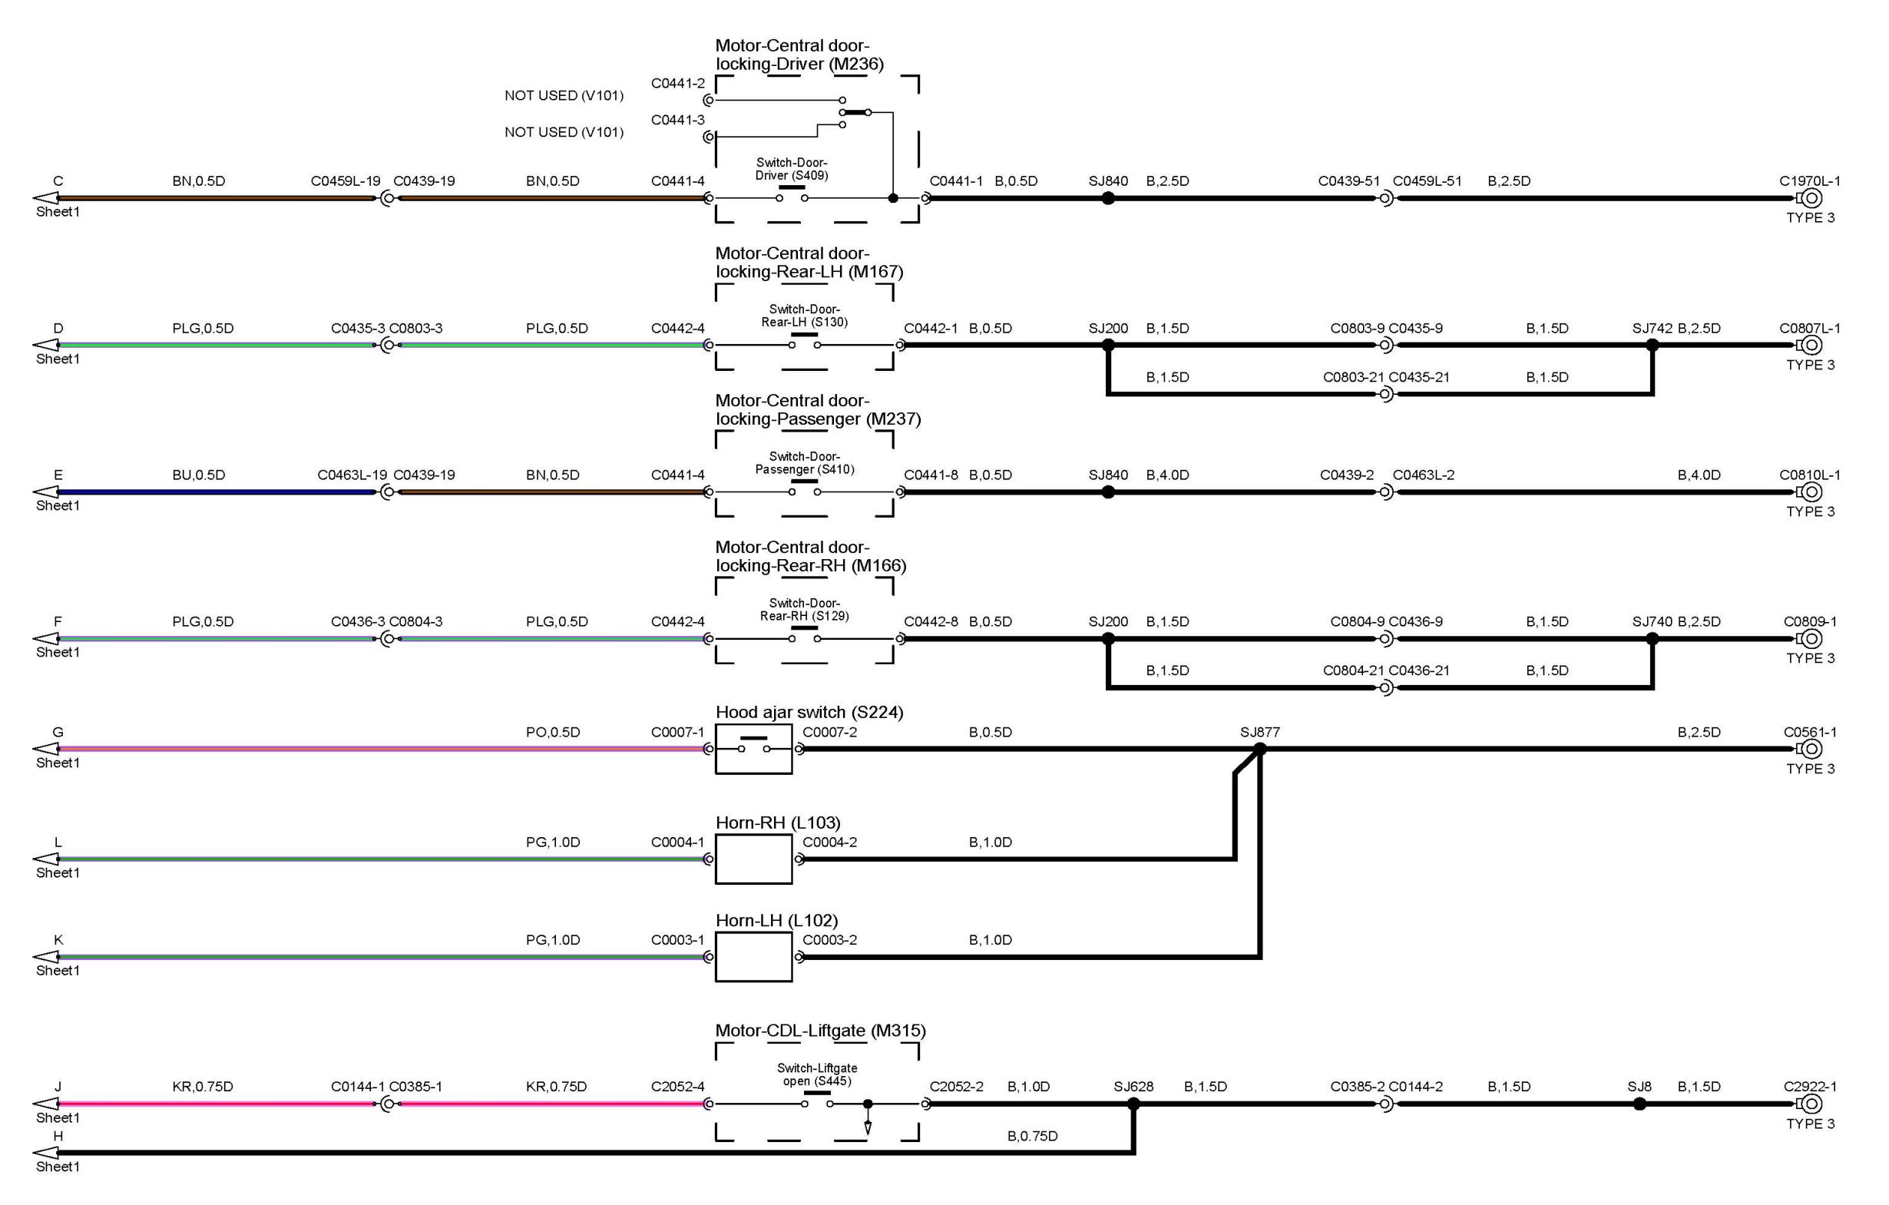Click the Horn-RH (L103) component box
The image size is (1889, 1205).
753,859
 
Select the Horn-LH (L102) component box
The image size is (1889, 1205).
753,957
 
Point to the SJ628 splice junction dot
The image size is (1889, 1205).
1133,1104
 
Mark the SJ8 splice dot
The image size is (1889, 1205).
1639,1104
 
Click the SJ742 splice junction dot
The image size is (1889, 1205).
1652,345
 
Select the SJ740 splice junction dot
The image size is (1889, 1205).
1652,638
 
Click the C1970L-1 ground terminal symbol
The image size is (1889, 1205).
1811,198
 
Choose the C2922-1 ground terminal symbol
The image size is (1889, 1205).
1811,1104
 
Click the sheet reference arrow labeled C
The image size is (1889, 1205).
45,198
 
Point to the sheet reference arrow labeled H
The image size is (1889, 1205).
45,1154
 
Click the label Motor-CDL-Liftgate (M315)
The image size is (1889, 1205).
821,1031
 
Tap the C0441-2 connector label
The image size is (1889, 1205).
678,83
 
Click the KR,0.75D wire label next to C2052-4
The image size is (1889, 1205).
556,1087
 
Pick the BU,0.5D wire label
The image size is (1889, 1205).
198,475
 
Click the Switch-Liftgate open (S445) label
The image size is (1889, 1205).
816,1074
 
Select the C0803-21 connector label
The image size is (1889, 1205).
1353,377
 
